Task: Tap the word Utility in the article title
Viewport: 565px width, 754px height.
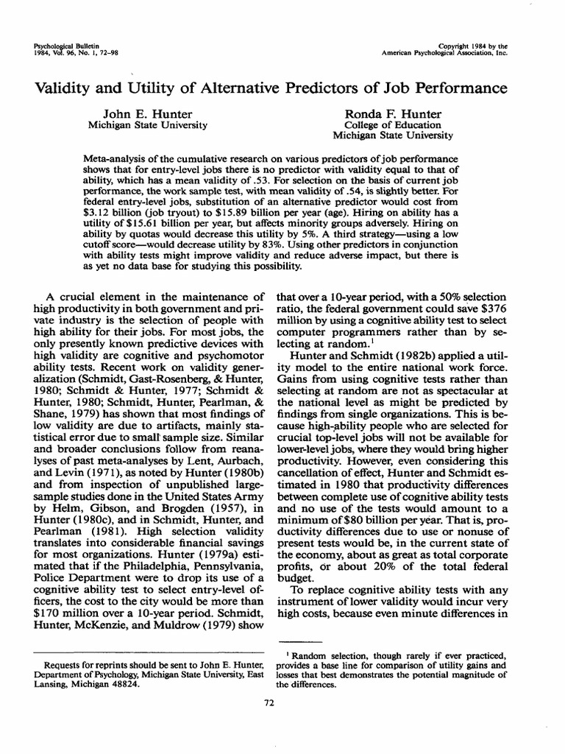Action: (163, 89)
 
